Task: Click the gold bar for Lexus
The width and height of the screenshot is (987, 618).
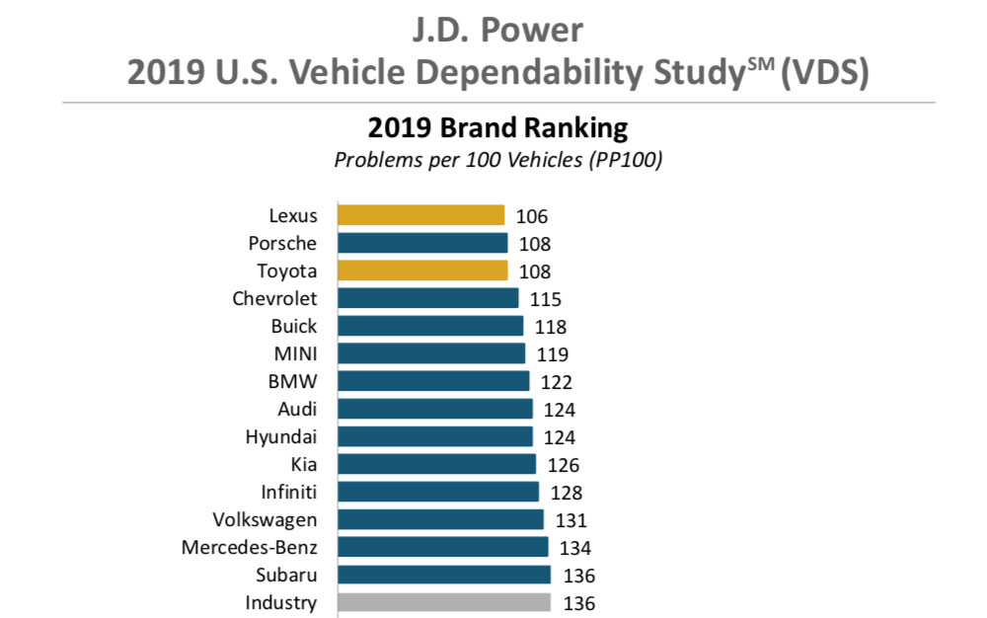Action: [x=420, y=215]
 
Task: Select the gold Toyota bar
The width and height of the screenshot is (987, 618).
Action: [x=422, y=270]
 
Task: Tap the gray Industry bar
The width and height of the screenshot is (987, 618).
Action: [x=444, y=602]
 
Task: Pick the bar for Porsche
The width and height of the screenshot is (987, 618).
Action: [x=422, y=243]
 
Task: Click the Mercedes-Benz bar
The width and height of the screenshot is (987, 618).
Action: [x=442, y=547]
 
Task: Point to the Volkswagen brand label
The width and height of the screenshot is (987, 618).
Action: [x=265, y=519]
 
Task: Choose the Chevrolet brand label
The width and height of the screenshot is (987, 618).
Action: [x=274, y=298]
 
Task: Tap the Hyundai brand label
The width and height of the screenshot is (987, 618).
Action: [x=281, y=436]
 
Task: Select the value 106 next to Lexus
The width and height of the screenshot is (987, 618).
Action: [x=531, y=216]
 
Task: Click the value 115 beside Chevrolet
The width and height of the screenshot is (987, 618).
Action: [x=545, y=299]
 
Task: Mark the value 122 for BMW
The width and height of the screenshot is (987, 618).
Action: [x=556, y=382]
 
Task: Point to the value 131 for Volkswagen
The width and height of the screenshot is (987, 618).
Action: [x=569, y=520]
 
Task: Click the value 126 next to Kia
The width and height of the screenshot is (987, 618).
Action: [x=563, y=465]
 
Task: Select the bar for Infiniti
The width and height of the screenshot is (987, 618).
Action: [x=438, y=492]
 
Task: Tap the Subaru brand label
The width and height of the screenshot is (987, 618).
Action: [x=286, y=575]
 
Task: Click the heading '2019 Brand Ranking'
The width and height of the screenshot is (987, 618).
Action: [x=497, y=129]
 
